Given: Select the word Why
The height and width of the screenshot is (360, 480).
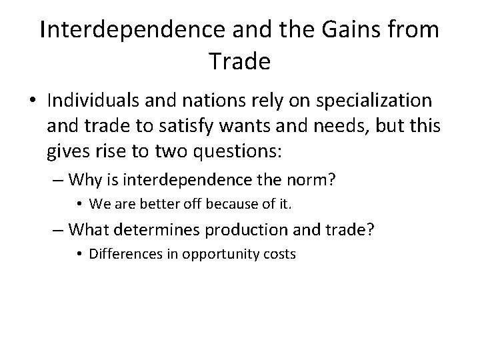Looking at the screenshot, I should pos(84,179).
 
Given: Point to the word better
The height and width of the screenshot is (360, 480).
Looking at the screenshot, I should pos(149,203).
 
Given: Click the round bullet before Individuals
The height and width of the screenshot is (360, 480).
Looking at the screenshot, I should pos(32,102).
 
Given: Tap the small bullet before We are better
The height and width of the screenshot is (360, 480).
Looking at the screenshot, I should pos(79,204).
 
